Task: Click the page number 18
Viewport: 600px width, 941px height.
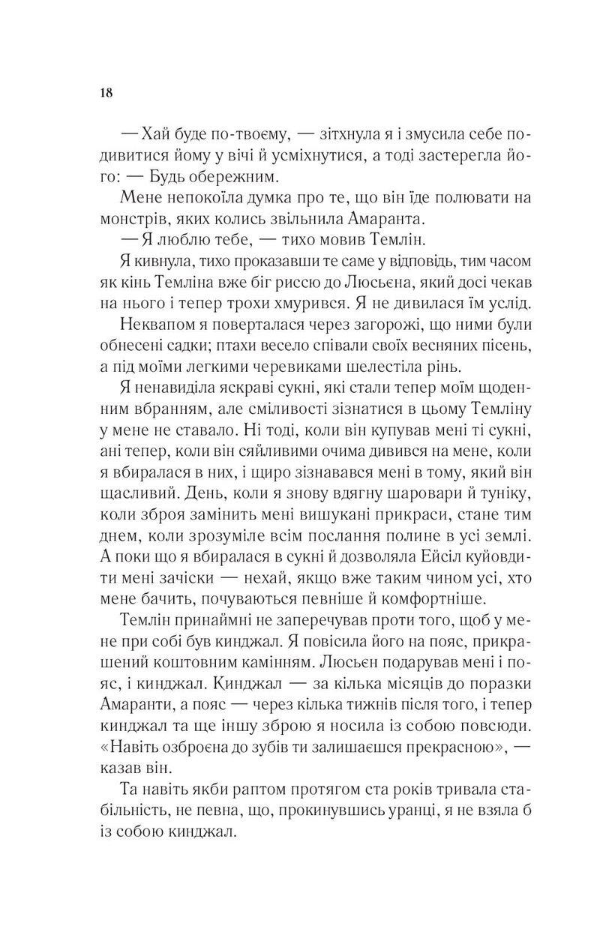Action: point(105,93)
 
